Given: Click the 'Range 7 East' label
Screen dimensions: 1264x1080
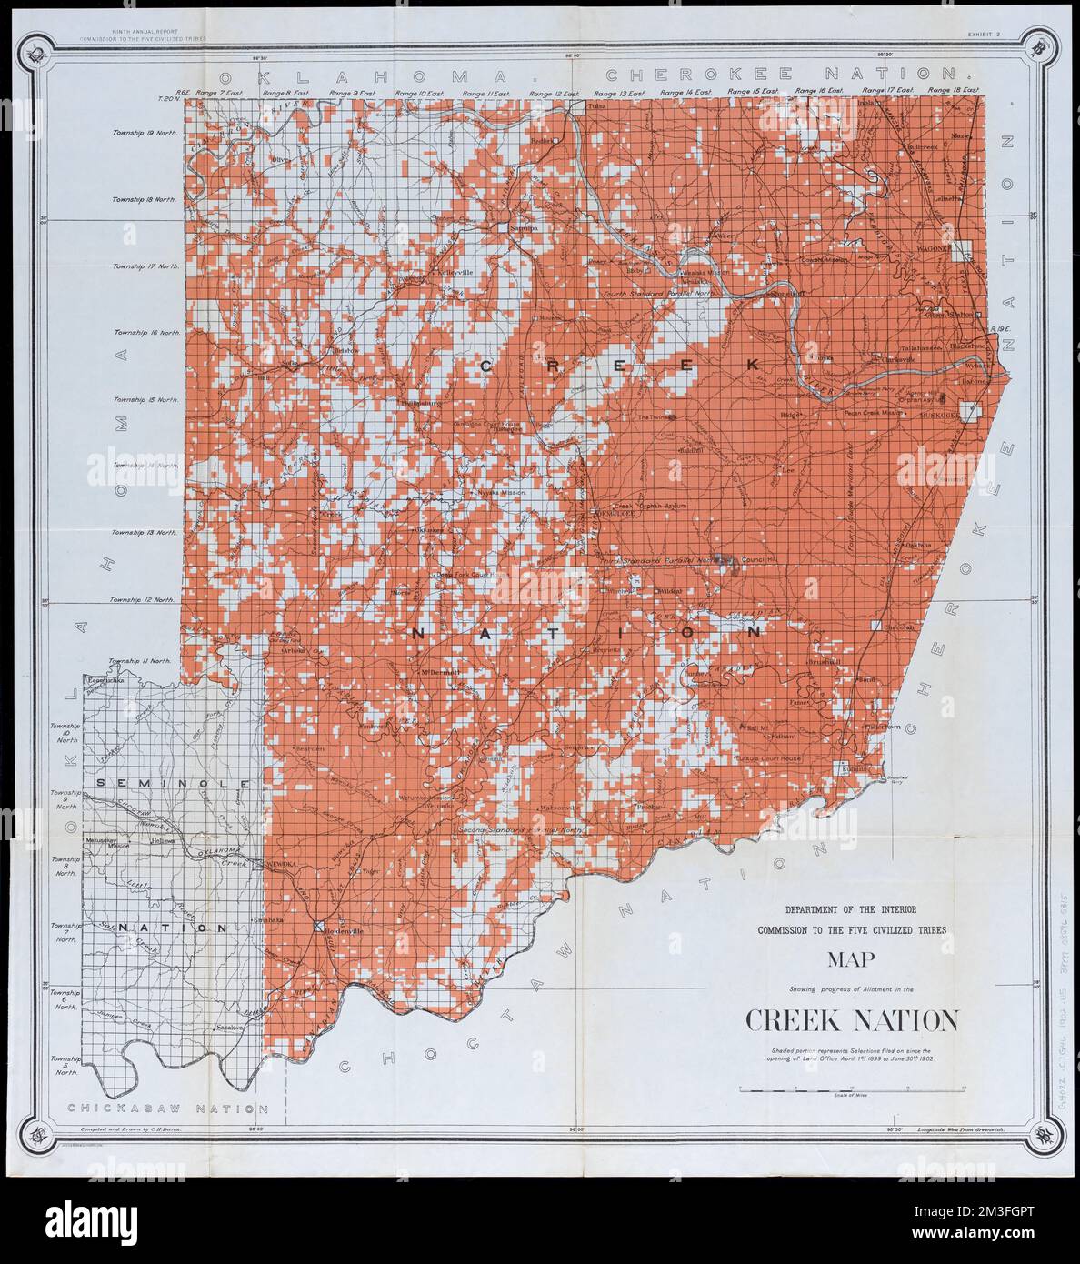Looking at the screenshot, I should coord(217,93).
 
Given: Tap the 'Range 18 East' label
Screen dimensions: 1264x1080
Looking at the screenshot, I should coord(953,92).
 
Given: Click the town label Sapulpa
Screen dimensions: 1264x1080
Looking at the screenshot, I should coord(525,228).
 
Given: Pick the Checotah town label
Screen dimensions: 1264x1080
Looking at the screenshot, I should coord(898,628).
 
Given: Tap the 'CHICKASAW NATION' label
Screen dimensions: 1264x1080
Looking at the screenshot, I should coord(168,1109).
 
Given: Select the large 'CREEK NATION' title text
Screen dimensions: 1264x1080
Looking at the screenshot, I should coord(851,1021).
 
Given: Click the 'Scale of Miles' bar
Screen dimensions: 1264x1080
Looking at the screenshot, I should coord(851,1089).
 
